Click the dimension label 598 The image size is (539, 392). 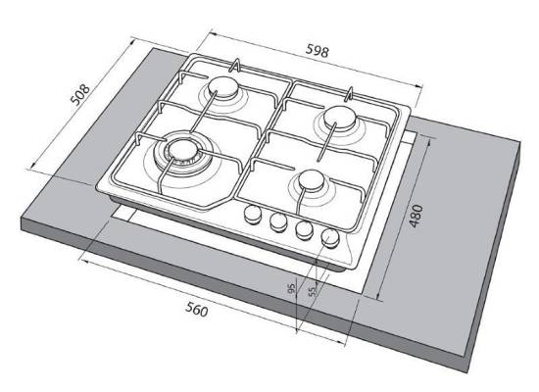(x=317, y=51)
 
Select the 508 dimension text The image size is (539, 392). (x=80, y=94)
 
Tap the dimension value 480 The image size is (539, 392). (x=416, y=216)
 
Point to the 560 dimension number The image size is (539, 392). (x=197, y=309)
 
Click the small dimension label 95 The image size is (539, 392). (x=291, y=288)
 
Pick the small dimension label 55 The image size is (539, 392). (x=312, y=291)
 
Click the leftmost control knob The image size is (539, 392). (x=253, y=214)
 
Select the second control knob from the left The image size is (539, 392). (x=278, y=221)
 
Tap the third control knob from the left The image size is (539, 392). (x=304, y=229)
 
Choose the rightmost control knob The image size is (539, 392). (x=330, y=237)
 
